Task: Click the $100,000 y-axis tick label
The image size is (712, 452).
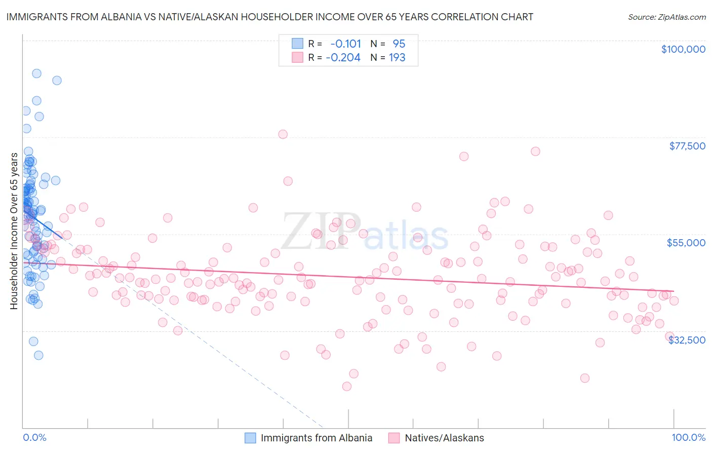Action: tap(683, 49)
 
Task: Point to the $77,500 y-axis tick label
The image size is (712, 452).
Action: tap(687, 146)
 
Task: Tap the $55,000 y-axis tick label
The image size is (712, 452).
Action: tap(686, 243)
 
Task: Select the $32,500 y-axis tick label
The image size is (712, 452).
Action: tap(687, 340)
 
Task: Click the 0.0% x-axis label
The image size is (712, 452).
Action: tap(34, 437)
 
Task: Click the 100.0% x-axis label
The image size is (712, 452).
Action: tap(688, 437)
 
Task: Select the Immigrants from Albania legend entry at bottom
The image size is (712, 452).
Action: tap(316, 438)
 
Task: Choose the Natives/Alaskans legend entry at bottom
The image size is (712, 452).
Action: tap(444, 438)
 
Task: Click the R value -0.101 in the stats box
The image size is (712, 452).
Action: tap(345, 44)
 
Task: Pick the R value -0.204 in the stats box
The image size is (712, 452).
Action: tap(343, 57)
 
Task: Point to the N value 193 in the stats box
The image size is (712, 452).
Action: tap(397, 57)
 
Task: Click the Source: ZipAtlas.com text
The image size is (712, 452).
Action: tap(666, 17)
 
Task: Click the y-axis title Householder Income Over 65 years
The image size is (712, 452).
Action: tap(14, 231)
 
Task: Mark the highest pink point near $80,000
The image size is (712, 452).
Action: tap(283, 134)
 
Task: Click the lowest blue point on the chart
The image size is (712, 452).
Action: tap(38, 355)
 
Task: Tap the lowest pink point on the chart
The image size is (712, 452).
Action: tap(347, 386)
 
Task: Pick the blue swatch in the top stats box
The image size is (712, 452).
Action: tap(297, 44)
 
